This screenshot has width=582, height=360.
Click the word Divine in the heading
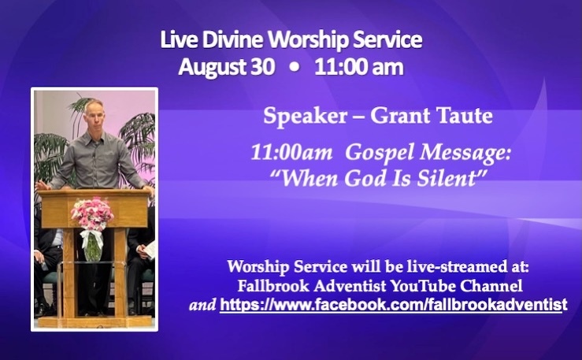[232, 39]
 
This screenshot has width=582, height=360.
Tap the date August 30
[227, 67]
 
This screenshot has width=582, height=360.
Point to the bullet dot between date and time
[295, 67]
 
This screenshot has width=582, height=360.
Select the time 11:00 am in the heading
[359, 67]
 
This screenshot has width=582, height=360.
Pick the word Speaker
[305, 117]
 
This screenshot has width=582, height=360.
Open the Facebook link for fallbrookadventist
[394, 305]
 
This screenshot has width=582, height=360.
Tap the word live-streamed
[448, 266]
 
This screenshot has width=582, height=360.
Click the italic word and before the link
[202, 305]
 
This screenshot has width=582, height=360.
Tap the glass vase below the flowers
[93, 247]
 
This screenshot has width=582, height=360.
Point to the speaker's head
[93, 115]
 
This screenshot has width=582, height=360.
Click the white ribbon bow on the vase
[91, 238]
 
